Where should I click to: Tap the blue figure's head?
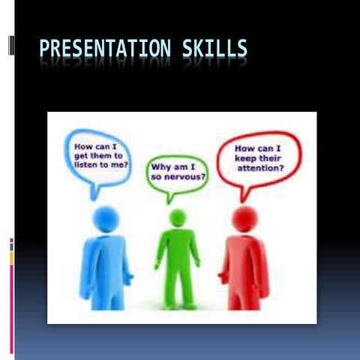106,219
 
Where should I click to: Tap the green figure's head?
178,217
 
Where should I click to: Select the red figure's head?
244,219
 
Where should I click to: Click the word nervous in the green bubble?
184,177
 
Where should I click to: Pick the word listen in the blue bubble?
84,163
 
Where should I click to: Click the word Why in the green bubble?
163,166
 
